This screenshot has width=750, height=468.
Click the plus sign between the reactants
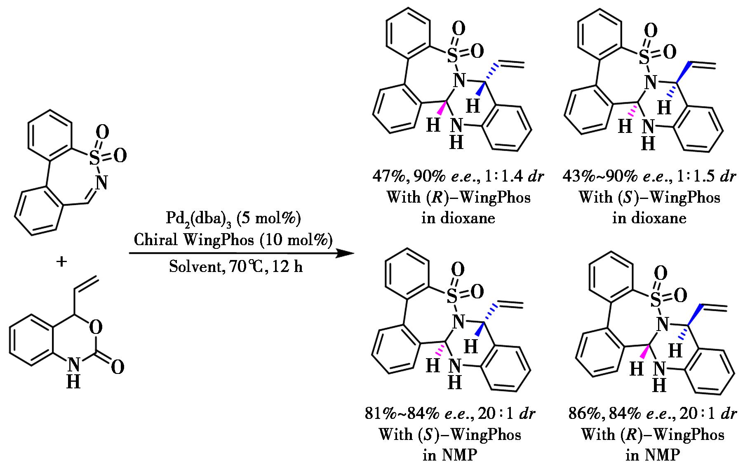(61, 261)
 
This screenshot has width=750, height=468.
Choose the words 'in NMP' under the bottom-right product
(653, 455)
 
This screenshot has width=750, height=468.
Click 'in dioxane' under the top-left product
(458, 217)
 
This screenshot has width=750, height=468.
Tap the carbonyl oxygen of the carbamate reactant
(118, 367)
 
